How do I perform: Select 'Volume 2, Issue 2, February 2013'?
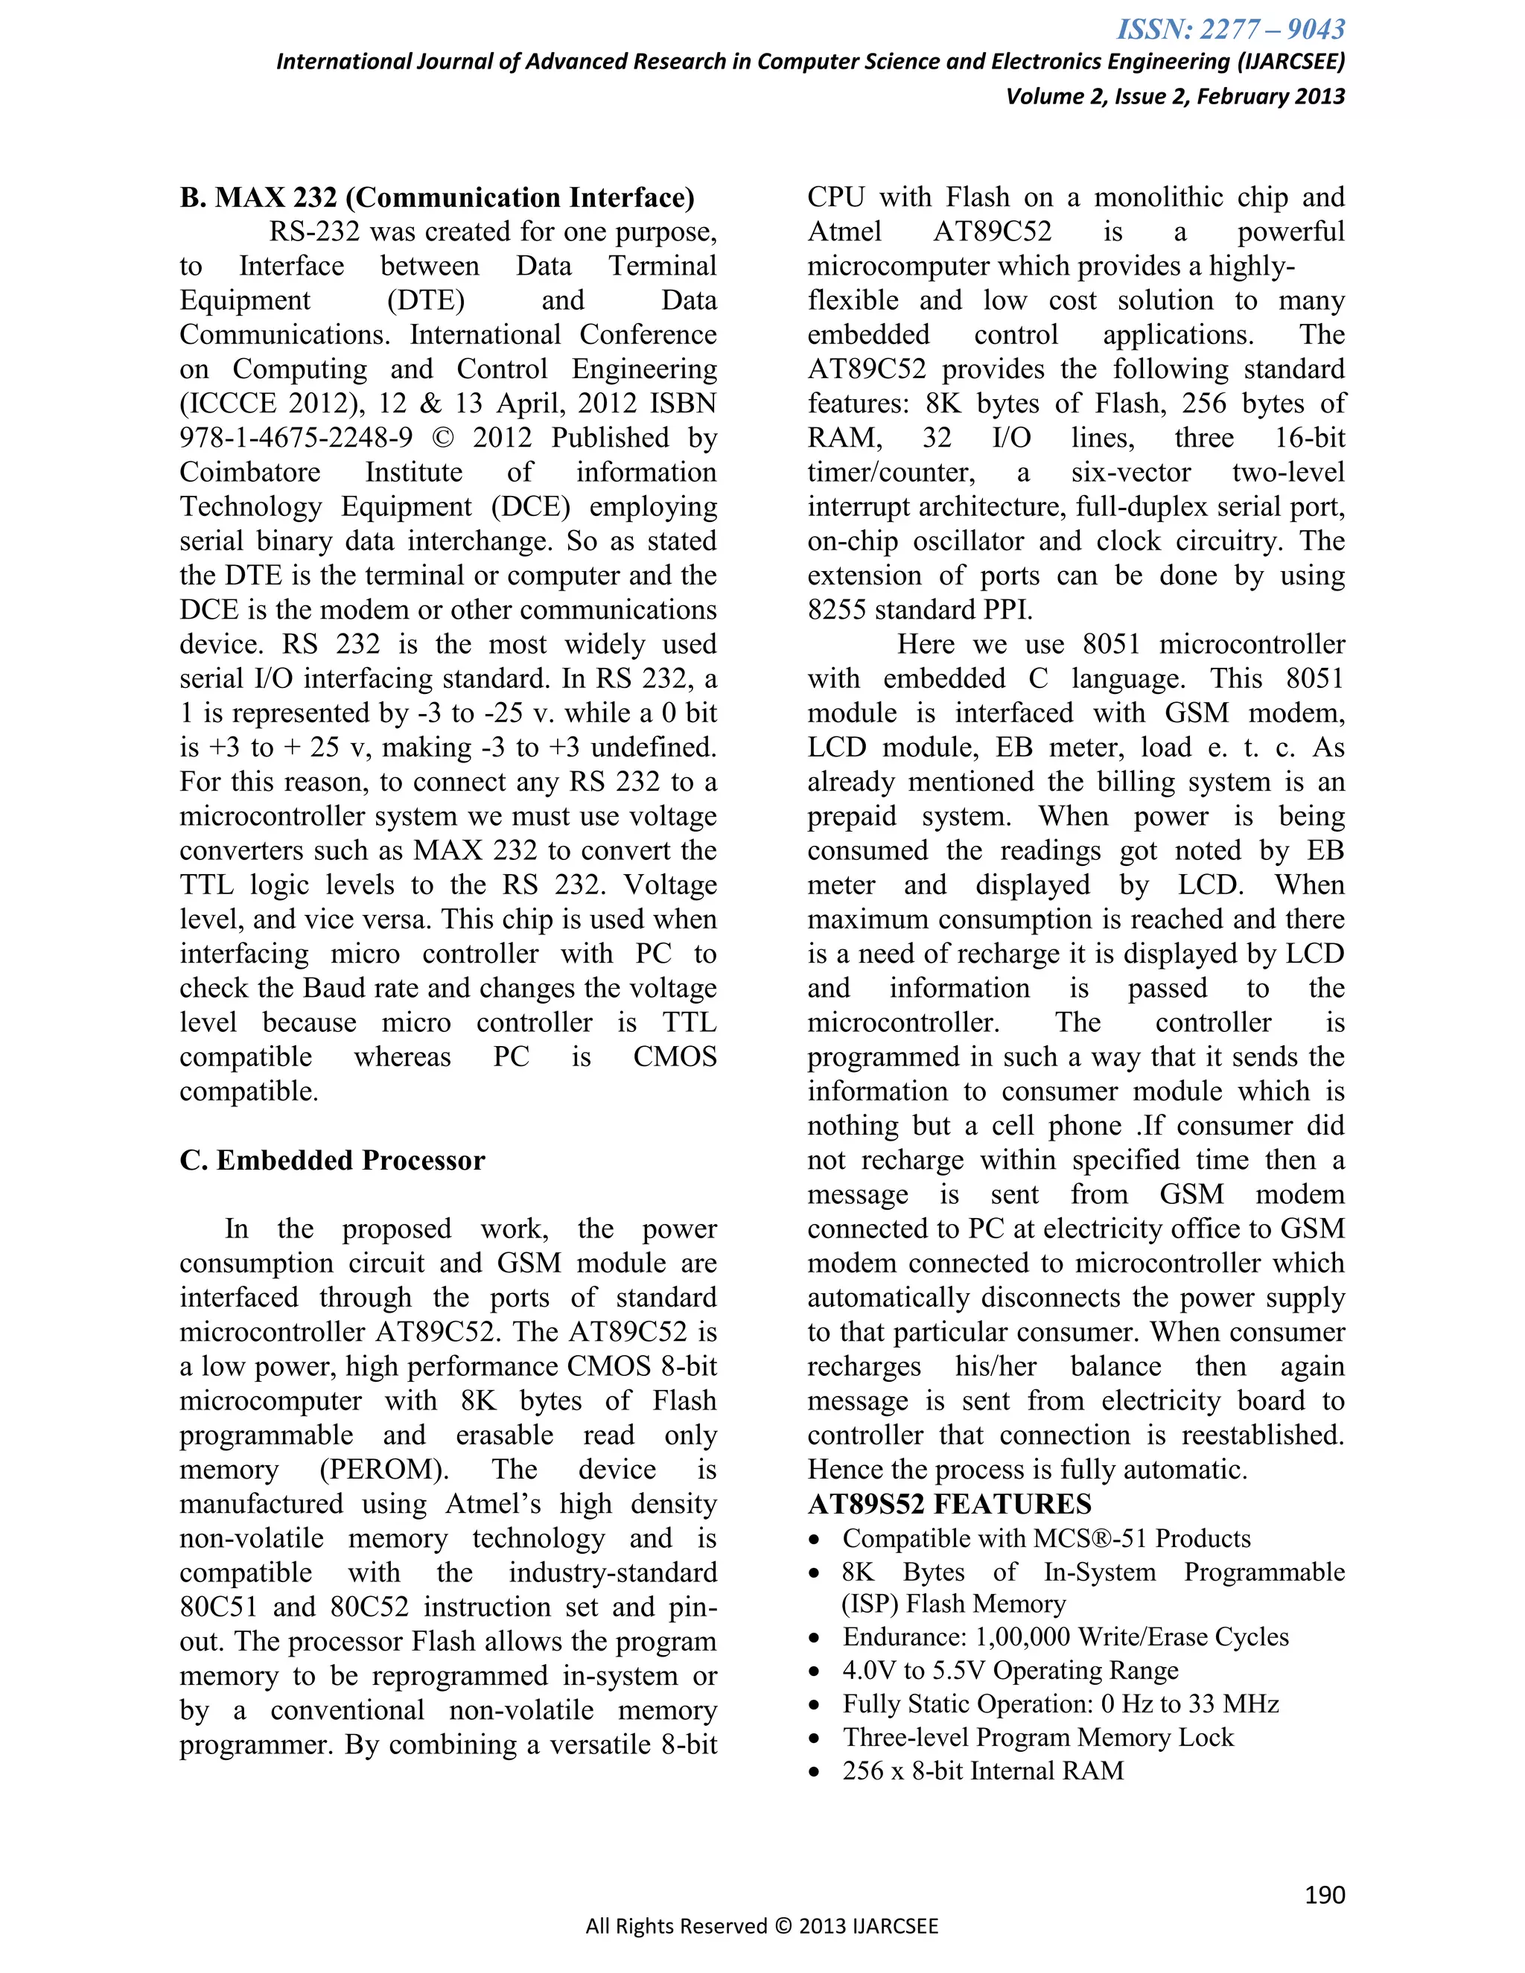coord(1174,97)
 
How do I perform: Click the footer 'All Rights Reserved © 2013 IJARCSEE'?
coord(762,1926)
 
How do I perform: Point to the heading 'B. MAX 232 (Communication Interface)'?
coord(437,198)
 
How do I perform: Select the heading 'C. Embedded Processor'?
coord(332,1160)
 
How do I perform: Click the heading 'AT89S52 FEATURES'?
coord(949,1504)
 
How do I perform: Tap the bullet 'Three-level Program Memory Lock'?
coord(1037,1737)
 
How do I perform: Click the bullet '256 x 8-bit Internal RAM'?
coord(983,1770)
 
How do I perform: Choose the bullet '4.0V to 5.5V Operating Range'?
coord(1010,1671)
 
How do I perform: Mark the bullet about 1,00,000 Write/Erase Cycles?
coord(1065,1637)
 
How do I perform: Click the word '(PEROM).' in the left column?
coord(384,1470)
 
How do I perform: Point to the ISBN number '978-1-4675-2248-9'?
coord(296,438)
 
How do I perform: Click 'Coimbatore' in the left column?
coord(250,473)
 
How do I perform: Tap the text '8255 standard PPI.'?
coord(920,610)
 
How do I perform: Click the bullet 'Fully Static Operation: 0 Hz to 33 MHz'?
coord(1060,1703)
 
